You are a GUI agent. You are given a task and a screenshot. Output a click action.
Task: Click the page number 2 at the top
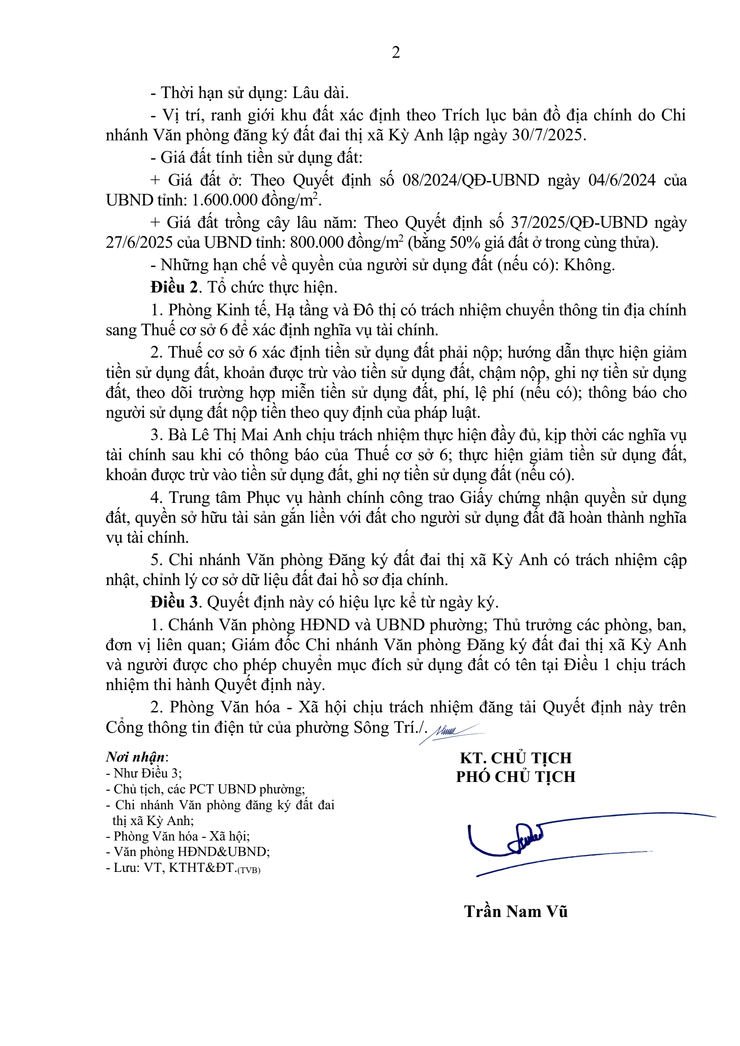(396, 53)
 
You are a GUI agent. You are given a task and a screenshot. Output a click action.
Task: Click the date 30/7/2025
(548, 135)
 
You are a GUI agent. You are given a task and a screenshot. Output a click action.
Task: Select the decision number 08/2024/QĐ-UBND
(471, 180)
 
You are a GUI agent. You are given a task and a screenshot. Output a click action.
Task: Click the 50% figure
(465, 242)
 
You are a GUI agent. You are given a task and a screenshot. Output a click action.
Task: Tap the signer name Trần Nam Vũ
(515, 912)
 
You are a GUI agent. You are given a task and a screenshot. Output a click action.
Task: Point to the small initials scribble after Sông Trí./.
(451, 732)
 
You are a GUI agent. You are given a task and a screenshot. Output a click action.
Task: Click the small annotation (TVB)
(249, 870)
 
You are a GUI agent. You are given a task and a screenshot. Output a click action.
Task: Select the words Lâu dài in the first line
(320, 93)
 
